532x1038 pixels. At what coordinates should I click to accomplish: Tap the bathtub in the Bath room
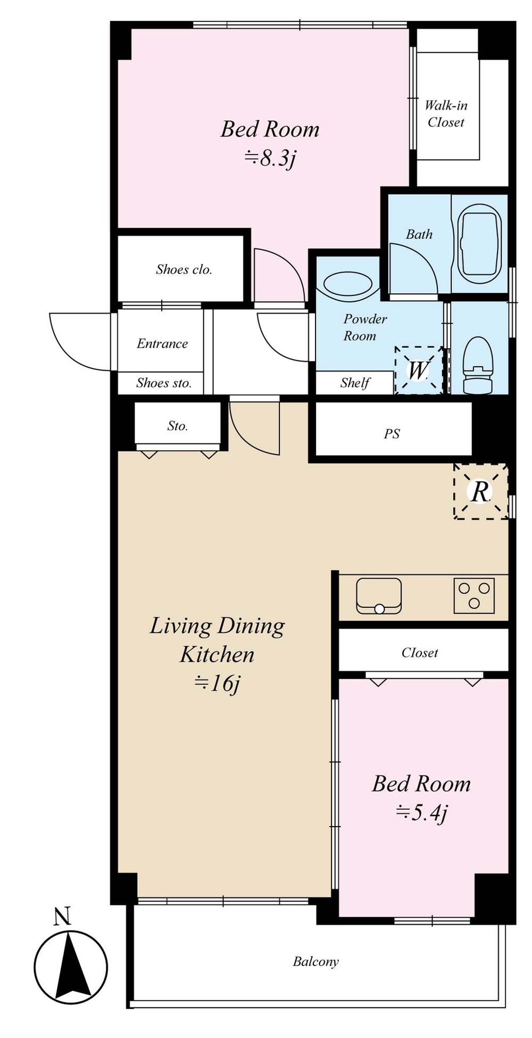[479, 246]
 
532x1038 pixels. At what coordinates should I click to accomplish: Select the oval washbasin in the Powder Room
[348, 285]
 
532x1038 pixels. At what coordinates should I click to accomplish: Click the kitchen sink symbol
[379, 596]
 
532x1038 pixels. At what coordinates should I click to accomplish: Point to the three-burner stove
[474, 595]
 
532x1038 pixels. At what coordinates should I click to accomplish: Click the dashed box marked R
[480, 491]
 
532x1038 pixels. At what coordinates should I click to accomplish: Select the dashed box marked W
[418, 370]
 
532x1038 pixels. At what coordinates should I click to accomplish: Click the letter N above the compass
[62, 916]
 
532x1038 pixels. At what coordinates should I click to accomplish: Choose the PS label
[392, 434]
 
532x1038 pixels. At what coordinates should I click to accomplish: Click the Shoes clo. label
[184, 269]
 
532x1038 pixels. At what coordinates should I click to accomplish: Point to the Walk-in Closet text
[446, 114]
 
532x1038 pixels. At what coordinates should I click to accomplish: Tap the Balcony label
[315, 961]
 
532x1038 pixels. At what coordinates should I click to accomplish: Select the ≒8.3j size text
[270, 158]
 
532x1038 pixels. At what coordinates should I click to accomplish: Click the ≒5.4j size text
[421, 812]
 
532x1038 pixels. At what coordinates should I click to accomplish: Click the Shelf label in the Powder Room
[355, 383]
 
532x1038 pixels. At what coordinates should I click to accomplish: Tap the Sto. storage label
[177, 426]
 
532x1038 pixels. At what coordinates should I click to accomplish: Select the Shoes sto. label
[163, 383]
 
